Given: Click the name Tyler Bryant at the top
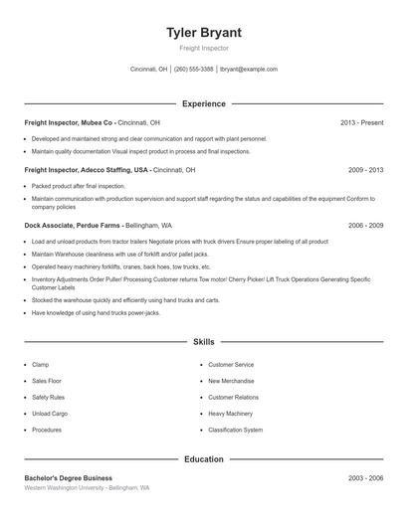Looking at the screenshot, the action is coord(204,32).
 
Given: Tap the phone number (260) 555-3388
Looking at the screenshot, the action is coord(194,70).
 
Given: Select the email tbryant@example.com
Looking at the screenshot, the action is coord(248,70).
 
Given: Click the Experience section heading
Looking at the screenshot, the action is coord(204,103).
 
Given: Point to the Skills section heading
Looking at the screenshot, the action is coord(204,342).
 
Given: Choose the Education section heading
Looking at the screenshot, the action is coord(204,459).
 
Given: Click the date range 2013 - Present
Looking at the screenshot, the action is coord(361,122).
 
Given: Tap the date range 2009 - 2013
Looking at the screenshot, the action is coord(365,170).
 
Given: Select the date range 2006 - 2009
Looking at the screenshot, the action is coord(365,226).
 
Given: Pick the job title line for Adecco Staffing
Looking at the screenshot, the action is coord(109,170).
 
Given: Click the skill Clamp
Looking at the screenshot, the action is coord(40,365).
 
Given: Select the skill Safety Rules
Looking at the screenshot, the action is coord(48,398).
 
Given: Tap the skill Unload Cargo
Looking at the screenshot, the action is coord(50,414).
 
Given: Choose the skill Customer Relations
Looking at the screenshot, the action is coord(233,398).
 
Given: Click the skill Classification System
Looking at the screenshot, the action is coord(235,431).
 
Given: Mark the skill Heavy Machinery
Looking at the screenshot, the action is coord(230,414).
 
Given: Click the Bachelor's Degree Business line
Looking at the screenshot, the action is coord(68,478).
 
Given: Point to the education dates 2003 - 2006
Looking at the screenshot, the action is coord(365,478).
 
